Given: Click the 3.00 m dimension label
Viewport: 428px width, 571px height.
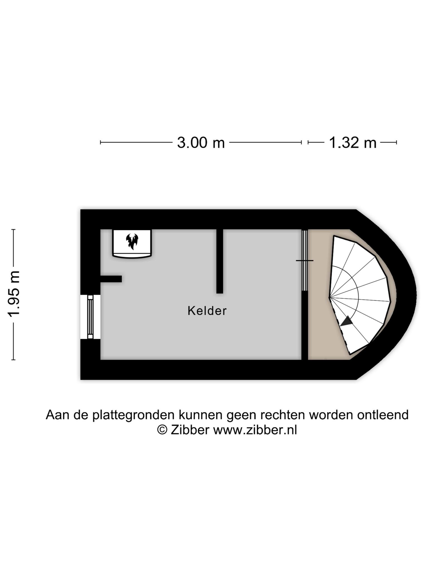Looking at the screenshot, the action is pyautogui.click(x=201, y=143).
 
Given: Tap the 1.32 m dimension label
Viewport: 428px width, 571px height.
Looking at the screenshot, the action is pyautogui.click(x=352, y=143).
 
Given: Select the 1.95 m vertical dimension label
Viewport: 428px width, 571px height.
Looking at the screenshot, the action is pyautogui.click(x=14, y=294).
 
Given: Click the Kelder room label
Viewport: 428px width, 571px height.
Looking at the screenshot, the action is pyautogui.click(x=207, y=311).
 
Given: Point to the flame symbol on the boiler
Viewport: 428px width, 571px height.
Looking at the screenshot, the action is pyautogui.click(x=132, y=241).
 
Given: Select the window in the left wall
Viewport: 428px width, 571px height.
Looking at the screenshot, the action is pyautogui.click(x=90, y=317).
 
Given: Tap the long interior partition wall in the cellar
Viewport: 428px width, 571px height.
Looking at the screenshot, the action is pyautogui.click(x=220, y=261).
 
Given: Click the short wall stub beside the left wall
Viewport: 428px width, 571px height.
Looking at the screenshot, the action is pyautogui.click(x=111, y=279).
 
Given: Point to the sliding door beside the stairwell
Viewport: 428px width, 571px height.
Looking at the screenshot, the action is pyautogui.click(x=305, y=260).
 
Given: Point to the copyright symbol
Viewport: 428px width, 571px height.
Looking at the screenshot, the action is pyautogui.click(x=162, y=430).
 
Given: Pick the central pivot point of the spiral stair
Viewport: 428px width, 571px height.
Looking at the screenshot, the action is pyautogui.click(x=329, y=297).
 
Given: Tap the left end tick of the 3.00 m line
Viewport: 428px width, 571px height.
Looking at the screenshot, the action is pyautogui.click(x=101, y=142).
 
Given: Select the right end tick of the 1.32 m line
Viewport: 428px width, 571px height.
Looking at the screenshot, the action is pyautogui.click(x=397, y=142).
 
